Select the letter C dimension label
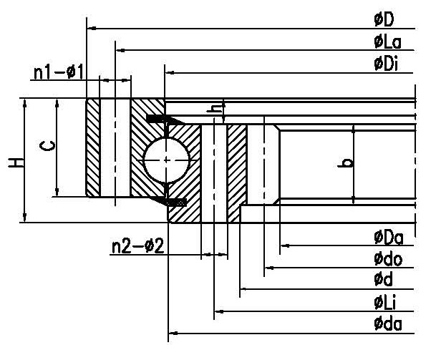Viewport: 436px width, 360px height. pos(45,147)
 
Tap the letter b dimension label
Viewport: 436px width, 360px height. pos(348,162)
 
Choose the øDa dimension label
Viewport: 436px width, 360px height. pos(387,237)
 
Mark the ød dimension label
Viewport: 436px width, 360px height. pos(382,279)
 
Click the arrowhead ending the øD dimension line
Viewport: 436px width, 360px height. pos(89,29)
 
